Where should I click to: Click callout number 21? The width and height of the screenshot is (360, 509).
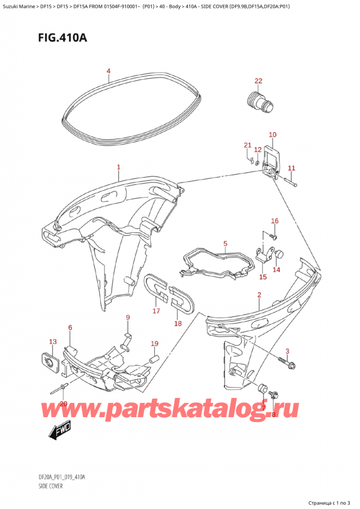click(247, 145)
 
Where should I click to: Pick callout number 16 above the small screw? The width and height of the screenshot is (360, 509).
click(275, 221)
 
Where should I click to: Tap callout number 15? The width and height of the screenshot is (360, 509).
click(263, 277)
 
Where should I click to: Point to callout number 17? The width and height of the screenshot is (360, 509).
click(155, 311)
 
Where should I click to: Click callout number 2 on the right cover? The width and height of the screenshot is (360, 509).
click(259, 294)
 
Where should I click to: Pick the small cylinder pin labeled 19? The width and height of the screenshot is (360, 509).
click(153, 359)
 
